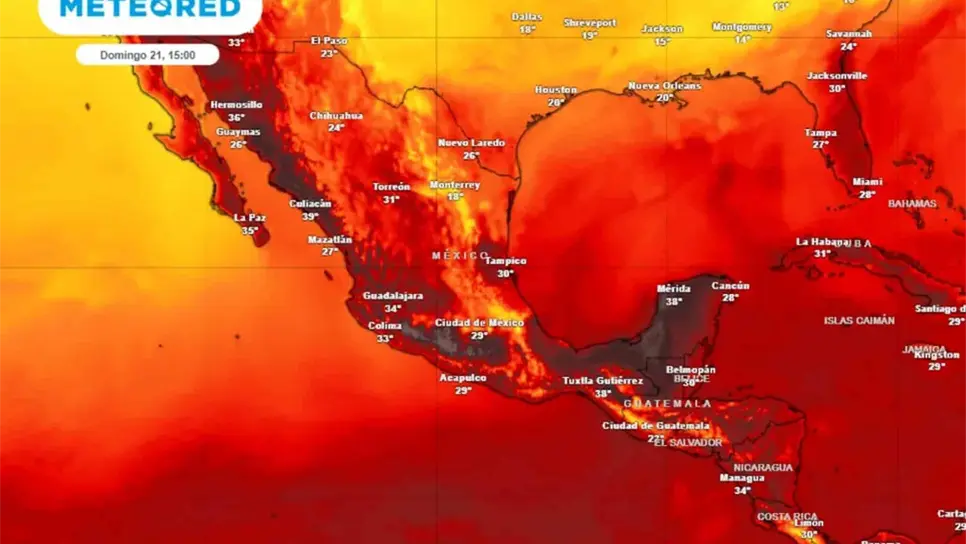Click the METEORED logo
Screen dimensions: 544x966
(150, 9)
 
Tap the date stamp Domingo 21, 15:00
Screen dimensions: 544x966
(147, 55)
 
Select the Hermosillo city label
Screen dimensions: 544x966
(236, 105)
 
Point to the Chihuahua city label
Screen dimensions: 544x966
(336, 116)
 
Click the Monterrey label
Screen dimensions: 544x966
(455, 185)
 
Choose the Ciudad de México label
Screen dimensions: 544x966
(479, 323)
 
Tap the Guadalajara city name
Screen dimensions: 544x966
(393, 296)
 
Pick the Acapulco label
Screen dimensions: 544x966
(463, 378)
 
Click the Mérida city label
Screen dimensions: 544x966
(673, 289)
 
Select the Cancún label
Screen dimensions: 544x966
(730, 286)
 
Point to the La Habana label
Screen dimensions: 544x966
(821, 242)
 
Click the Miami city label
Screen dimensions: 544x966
(867, 182)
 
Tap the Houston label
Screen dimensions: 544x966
(556, 90)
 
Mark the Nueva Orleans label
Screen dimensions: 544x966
(664, 86)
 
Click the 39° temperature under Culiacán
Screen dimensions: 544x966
(310, 216)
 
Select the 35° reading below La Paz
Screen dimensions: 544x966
(249, 230)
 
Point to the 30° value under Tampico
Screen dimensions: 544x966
(505, 273)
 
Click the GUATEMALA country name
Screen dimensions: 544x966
(667, 404)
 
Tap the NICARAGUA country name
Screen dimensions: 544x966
(762, 467)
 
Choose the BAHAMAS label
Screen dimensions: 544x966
(912, 204)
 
